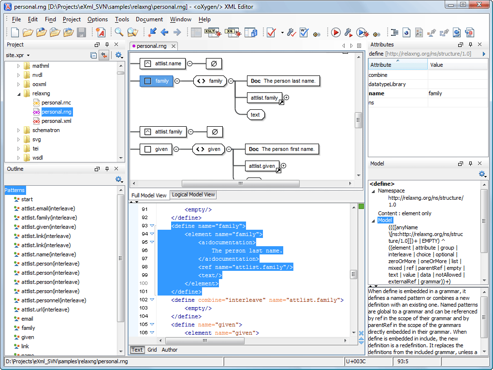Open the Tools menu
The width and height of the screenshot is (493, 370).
tap(122, 19)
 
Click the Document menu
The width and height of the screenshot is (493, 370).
tap(149, 19)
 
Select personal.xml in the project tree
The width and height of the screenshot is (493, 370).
tap(56, 121)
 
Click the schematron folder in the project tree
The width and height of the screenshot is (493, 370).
tap(46, 130)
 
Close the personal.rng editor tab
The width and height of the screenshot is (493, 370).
tap(173, 46)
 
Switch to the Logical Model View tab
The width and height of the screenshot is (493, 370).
tap(193, 194)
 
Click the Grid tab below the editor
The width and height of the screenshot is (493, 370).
tap(152, 350)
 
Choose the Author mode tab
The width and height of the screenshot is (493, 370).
tap(170, 350)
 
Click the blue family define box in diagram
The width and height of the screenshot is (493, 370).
tap(156, 81)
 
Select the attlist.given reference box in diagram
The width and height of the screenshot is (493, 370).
tap(262, 166)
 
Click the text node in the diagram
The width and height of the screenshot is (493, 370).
tap(255, 115)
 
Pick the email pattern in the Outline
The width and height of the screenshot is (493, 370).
tap(27, 319)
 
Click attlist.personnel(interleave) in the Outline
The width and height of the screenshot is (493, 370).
tap(54, 300)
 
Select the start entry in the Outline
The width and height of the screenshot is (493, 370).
tap(27, 199)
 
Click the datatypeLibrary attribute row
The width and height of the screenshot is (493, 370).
tap(387, 84)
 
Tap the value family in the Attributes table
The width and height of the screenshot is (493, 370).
tap(435, 93)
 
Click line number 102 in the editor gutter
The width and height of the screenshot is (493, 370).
tap(144, 300)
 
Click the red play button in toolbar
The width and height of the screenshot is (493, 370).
tap(336, 32)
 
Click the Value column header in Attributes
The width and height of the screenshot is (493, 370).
tap(436, 65)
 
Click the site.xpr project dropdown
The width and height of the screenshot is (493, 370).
tap(18, 55)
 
